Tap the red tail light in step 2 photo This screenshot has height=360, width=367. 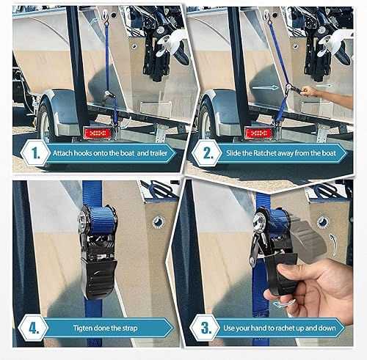pos(258,133)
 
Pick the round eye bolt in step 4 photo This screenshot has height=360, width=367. pos(156,222)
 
